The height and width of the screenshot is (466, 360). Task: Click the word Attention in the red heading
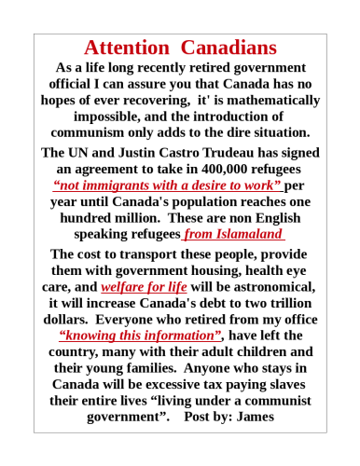click(x=127, y=48)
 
